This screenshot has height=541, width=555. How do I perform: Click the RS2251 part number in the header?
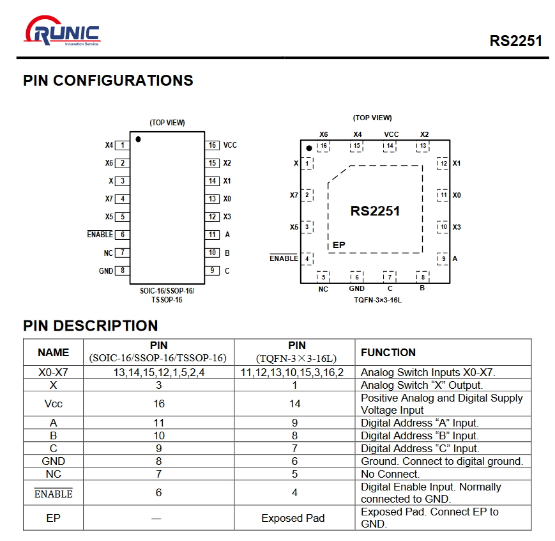(515, 41)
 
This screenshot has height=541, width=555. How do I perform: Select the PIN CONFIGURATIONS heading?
(108, 81)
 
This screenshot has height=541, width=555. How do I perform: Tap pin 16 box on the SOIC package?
(212, 145)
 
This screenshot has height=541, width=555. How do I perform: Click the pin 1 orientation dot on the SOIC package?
(138, 139)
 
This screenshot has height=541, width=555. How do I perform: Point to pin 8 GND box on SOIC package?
(122, 271)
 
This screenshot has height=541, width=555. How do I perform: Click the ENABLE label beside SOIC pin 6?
(100, 235)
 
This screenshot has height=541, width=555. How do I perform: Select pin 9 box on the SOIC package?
(212, 271)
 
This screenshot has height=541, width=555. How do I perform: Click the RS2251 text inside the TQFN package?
(375, 211)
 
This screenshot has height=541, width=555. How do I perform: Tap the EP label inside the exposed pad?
(339, 245)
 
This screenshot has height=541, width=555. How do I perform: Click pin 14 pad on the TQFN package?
(390, 146)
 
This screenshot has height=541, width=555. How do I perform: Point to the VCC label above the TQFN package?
(391, 134)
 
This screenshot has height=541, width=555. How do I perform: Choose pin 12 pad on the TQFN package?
(443, 164)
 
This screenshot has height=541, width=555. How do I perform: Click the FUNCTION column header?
(388, 352)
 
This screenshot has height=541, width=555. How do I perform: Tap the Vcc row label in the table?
(53, 404)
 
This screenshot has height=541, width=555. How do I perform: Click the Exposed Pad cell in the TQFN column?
(293, 518)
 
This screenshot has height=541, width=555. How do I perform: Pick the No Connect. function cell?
(390, 474)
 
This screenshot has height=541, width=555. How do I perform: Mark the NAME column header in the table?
(53, 352)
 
